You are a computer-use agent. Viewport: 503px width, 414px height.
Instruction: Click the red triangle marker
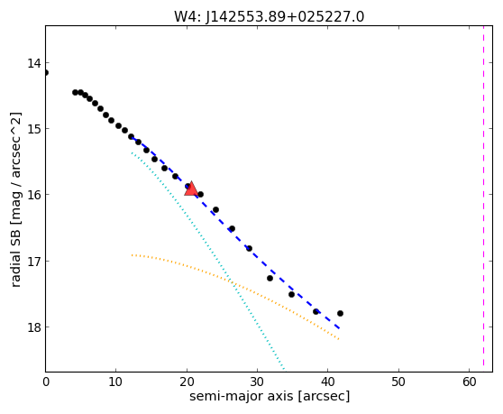click(191, 189)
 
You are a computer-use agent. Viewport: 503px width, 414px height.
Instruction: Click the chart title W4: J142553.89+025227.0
click(270, 16)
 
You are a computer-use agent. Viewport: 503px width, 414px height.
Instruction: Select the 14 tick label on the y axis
click(34, 63)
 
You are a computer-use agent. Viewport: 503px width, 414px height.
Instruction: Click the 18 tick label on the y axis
click(34, 327)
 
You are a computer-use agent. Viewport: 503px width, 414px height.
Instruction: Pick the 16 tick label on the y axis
click(34, 195)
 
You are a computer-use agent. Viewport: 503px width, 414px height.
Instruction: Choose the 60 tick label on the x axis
click(470, 382)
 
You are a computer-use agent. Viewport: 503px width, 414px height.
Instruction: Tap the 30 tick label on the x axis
click(257, 382)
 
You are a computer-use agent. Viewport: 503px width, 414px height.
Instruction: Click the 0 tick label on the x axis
click(46, 382)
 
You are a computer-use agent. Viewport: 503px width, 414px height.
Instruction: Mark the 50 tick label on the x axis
click(398, 382)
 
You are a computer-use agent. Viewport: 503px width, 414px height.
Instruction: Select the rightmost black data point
click(340, 313)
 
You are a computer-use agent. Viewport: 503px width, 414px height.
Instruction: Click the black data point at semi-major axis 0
click(46, 72)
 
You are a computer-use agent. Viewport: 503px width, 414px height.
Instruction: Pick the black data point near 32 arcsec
click(270, 278)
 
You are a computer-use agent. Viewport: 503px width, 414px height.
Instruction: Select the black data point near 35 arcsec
click(291, 294)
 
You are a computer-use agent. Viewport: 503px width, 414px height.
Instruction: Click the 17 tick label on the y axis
click(34, 262)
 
